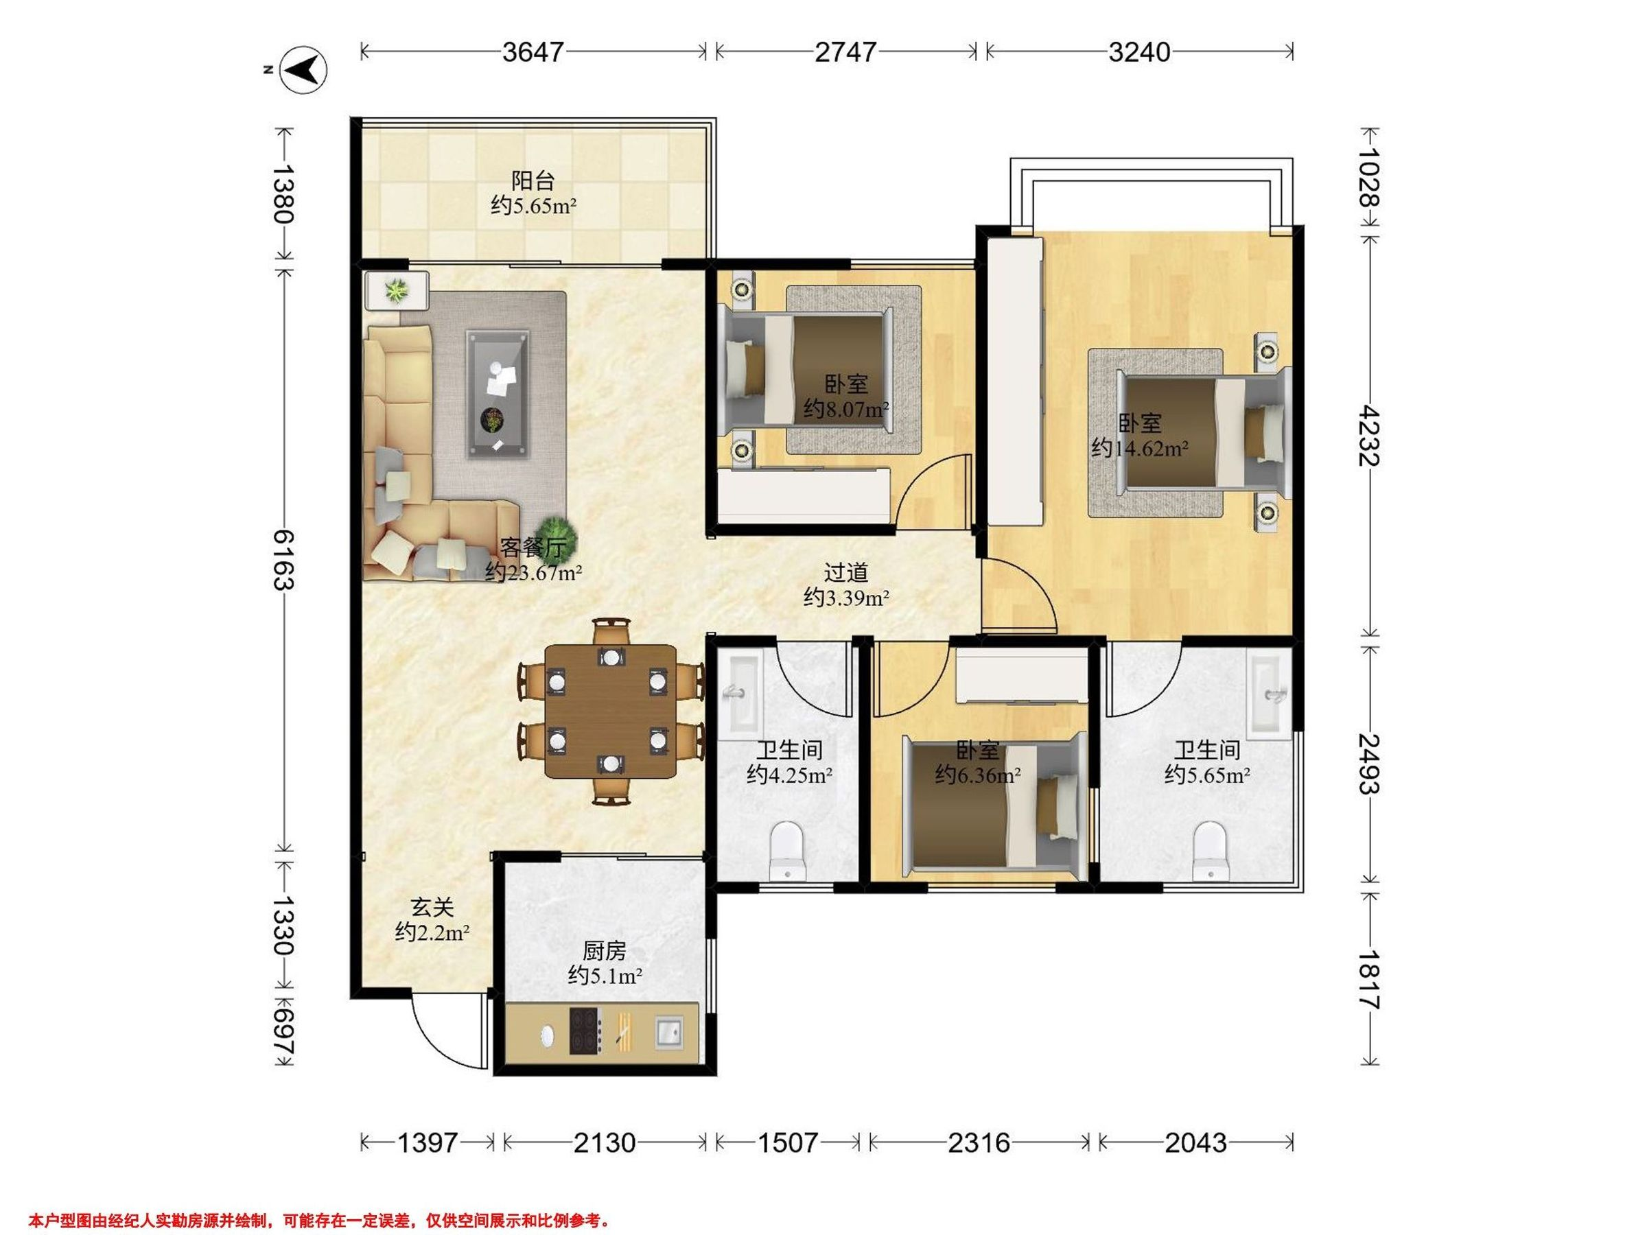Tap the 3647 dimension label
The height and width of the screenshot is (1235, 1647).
coord(533,52)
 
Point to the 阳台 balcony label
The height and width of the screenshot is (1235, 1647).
coord(533,180)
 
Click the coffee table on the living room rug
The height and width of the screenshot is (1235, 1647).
coord(498,395)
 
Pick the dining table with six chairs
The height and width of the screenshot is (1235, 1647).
coord(611,711)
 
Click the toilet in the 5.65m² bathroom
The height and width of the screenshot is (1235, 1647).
coord(1208,851)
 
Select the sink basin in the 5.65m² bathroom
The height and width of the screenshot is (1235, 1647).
coord(1270,692)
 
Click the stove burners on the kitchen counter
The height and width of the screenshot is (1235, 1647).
coord(586,1031)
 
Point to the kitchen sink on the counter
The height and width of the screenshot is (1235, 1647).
coord(670,1032)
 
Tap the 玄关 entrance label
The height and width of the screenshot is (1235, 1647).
coord(432,908)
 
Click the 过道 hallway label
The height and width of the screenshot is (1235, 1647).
coord(847,572)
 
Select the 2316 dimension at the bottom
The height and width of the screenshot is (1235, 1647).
coord(979,1142)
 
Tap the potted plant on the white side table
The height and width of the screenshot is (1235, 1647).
coord(396,290)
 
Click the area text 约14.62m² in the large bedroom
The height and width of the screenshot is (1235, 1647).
coord(1140,448)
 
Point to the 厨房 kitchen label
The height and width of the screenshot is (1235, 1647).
coord(604,951)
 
